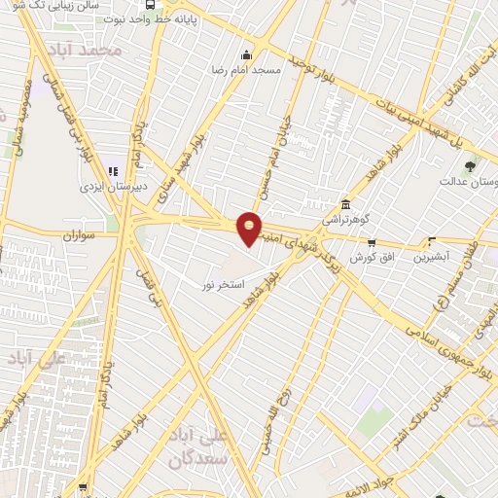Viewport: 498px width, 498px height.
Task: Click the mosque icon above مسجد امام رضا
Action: pyautogui.click(x=247, y=54)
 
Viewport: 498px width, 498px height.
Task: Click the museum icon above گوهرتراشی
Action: pyautogui.click(x=346, y=205)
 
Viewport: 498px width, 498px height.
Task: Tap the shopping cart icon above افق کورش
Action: pyautogui.click(x=371, y=241)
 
